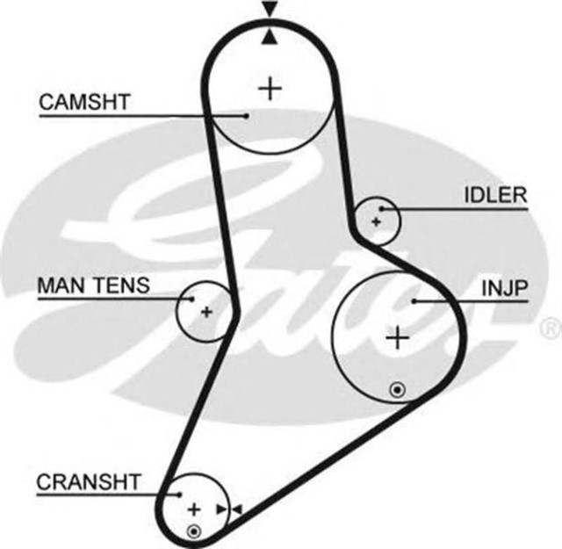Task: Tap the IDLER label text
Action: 494,195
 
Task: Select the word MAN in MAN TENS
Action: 59,285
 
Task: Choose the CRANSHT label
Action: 87,482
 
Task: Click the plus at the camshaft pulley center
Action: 271,87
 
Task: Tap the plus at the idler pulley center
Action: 377,221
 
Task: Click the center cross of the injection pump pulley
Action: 399,336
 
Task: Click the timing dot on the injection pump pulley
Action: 398,386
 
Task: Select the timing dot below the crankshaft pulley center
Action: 194,531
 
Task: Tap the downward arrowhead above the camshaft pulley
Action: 270,10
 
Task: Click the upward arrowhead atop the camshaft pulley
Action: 270,35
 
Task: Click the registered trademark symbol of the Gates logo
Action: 550,329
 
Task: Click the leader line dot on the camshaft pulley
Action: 249,114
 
